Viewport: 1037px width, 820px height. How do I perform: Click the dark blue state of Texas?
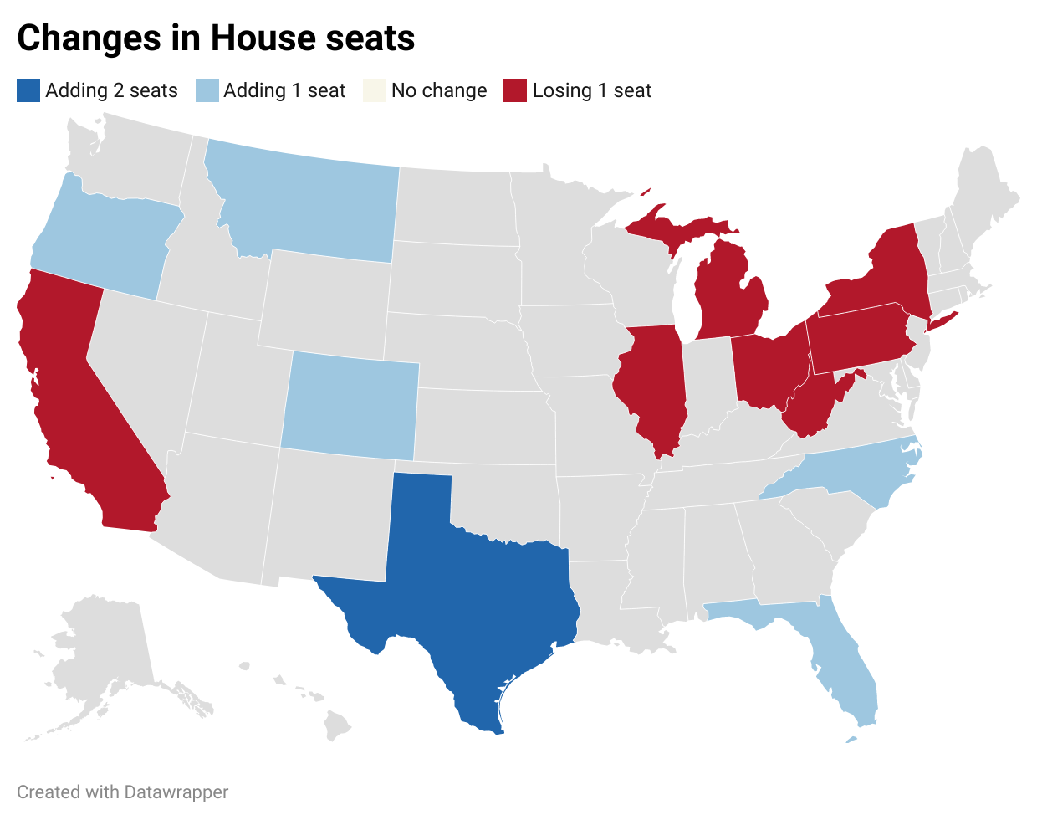(x=468, y=586)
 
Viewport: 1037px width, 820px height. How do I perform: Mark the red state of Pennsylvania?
(x=857, y=339)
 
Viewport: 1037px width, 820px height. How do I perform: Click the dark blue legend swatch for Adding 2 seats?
(x=28, y=90)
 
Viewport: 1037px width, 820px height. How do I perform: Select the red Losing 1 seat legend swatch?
(x=515, y=90)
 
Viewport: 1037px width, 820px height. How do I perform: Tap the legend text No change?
(x=439, y=90)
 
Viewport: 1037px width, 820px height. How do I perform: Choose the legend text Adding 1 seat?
(x=284, y=90)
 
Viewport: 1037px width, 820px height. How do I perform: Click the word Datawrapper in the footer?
(x=176, y=792)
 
